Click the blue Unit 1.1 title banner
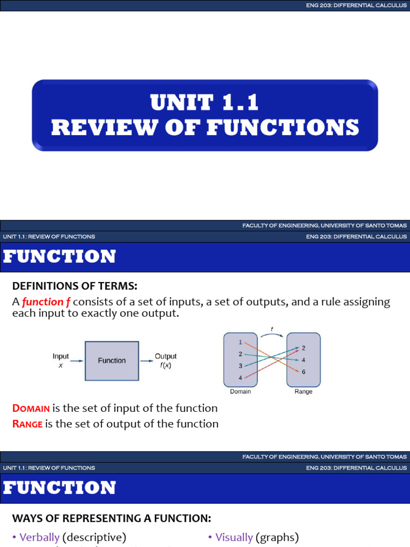(205, 115)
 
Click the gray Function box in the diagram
(112, 361)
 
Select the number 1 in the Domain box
(241, 342)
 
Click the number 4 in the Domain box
(241, 378)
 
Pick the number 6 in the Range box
(303, 372)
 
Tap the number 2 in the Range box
(303, 348)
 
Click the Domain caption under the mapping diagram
(240, 392)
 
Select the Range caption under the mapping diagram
(303, 392)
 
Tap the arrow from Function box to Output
(145, 361)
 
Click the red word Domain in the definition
(31, 409)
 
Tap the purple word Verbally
(39, 537)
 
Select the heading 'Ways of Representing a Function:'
(112, 518)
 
